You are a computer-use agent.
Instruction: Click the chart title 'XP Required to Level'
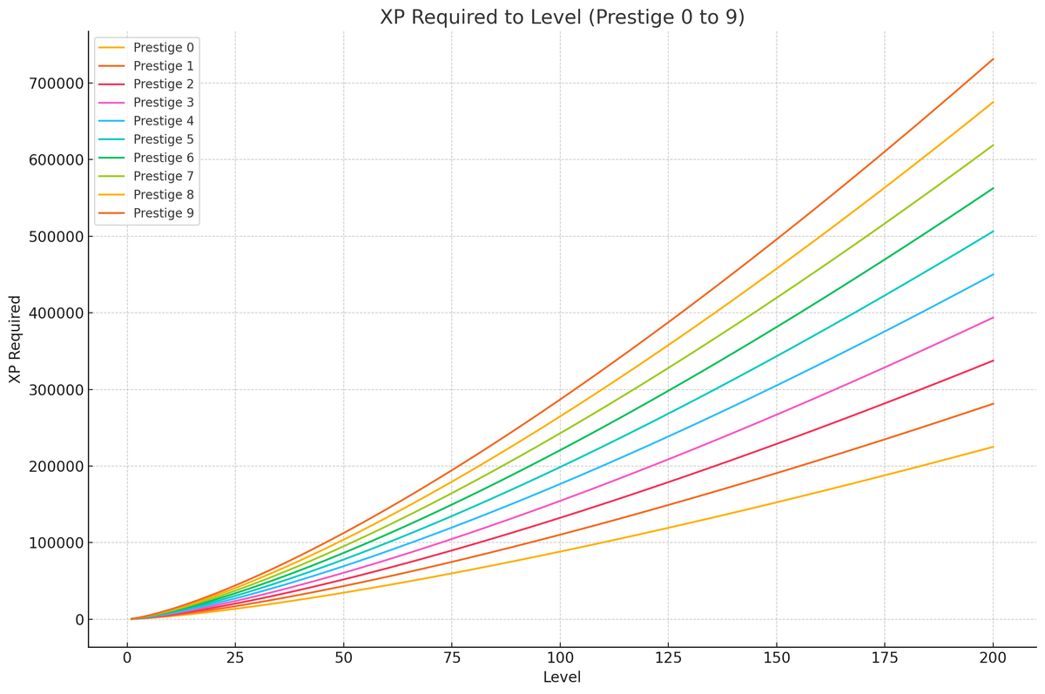[562, 17]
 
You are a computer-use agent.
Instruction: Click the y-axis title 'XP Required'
[15, 339]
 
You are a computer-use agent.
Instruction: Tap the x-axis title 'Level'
[562, 677]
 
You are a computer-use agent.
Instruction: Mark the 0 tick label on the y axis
[78, 620]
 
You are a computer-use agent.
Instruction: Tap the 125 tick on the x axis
[668, 659]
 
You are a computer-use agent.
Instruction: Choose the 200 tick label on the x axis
[993, 659]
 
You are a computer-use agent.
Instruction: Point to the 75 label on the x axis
[451, 659]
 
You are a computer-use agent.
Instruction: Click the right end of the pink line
[993, 318]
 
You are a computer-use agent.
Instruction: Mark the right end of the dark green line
[993, 188]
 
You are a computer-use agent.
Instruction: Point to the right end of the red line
[993, 360]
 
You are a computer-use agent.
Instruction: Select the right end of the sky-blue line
[993, 274]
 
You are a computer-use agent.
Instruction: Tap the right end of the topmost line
[993, 59]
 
